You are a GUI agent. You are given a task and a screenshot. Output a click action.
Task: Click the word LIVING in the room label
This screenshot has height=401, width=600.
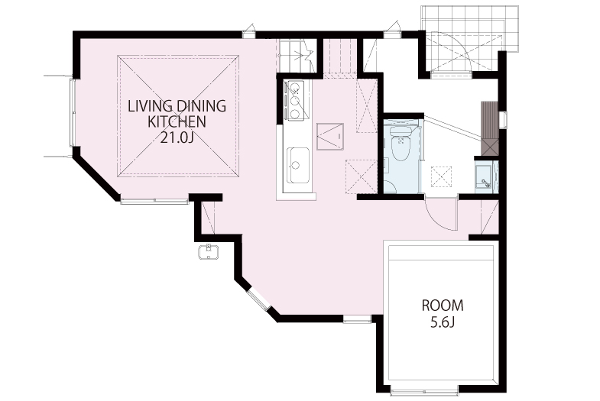[147, 106]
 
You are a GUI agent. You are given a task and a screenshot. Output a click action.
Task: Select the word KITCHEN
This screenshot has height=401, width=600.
[177, 122]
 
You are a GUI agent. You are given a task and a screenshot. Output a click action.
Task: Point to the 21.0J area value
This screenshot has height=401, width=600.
[177, 137]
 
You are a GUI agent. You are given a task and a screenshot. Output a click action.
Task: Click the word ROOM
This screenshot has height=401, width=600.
[443, 306]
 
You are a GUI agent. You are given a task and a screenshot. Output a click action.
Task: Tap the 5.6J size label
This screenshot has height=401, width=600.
[443, 322]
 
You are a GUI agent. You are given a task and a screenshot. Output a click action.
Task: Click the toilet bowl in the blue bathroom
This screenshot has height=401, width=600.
[401, 147]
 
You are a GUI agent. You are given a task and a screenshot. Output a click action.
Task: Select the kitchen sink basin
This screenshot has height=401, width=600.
[298, 165]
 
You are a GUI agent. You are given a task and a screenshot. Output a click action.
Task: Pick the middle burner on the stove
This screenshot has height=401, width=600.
[295, 101]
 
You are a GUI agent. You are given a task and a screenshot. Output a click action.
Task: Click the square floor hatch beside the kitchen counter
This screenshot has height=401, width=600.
[330, 137]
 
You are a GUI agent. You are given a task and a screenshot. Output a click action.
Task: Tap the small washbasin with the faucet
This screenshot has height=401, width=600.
[486, 177]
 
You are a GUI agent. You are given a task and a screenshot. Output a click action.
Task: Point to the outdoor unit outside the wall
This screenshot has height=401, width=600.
[209, 251]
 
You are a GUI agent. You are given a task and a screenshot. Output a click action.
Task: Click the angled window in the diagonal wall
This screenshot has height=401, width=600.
[258, 299]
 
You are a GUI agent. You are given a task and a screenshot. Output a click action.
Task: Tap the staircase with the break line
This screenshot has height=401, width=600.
[297, 56]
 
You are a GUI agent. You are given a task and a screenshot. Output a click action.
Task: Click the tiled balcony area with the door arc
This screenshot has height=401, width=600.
[469, 40]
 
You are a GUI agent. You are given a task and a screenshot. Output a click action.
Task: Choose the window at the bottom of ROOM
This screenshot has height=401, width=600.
[425, 391]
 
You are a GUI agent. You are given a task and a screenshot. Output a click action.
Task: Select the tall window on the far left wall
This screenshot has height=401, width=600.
[73, 113]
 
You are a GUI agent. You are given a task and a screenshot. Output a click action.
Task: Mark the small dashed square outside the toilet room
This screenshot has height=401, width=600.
[441, 176]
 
